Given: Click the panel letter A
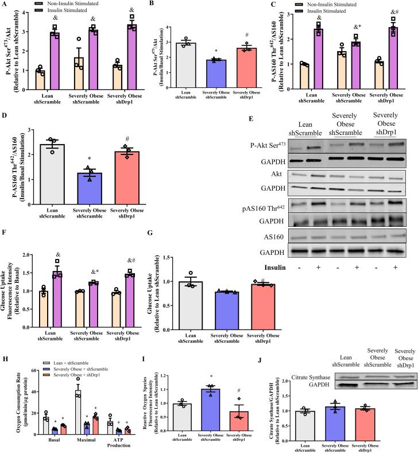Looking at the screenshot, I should coord(5,5).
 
